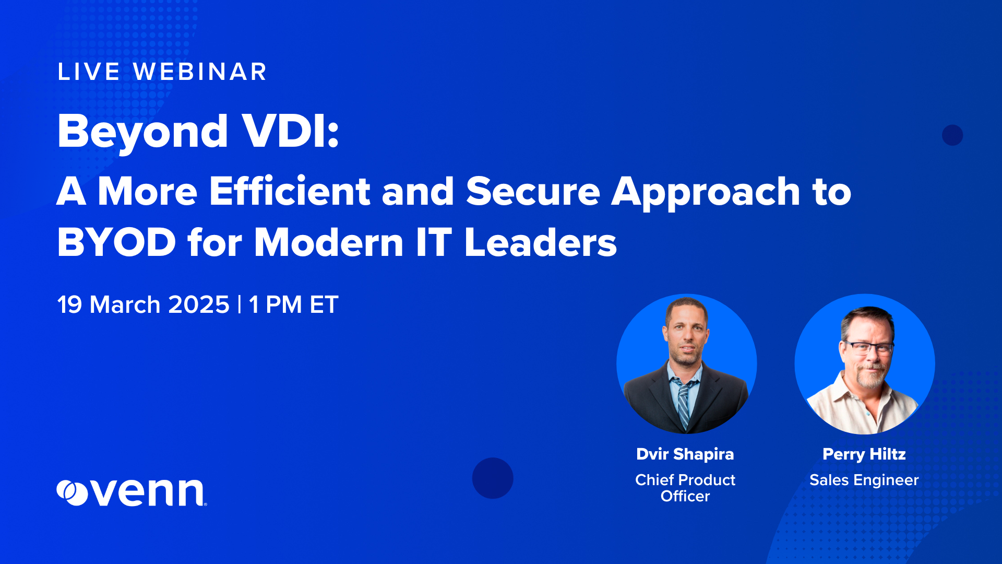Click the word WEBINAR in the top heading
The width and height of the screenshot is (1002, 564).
coord(200,72)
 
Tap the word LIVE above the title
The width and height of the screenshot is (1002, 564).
coord(89,72)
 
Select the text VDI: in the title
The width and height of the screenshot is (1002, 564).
coord(291,131)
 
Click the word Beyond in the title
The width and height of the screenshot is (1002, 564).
coord(142,132)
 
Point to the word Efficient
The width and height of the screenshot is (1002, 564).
coord(290,191)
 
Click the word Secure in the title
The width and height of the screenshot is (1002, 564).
coord(533,191)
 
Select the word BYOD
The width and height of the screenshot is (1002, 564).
coord(116,242)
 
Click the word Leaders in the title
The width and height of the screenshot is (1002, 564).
coord(540,242)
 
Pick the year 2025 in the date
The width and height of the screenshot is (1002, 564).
coord(199,304)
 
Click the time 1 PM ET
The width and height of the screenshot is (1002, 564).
coord(294,304)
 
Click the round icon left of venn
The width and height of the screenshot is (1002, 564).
coord(72,492)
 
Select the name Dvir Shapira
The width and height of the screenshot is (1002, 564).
coord(685,454)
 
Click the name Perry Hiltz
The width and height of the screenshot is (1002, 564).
coord(864,454)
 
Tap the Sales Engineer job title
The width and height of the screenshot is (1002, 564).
coord(864,480)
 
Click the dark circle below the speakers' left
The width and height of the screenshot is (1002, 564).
coord(493,478)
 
